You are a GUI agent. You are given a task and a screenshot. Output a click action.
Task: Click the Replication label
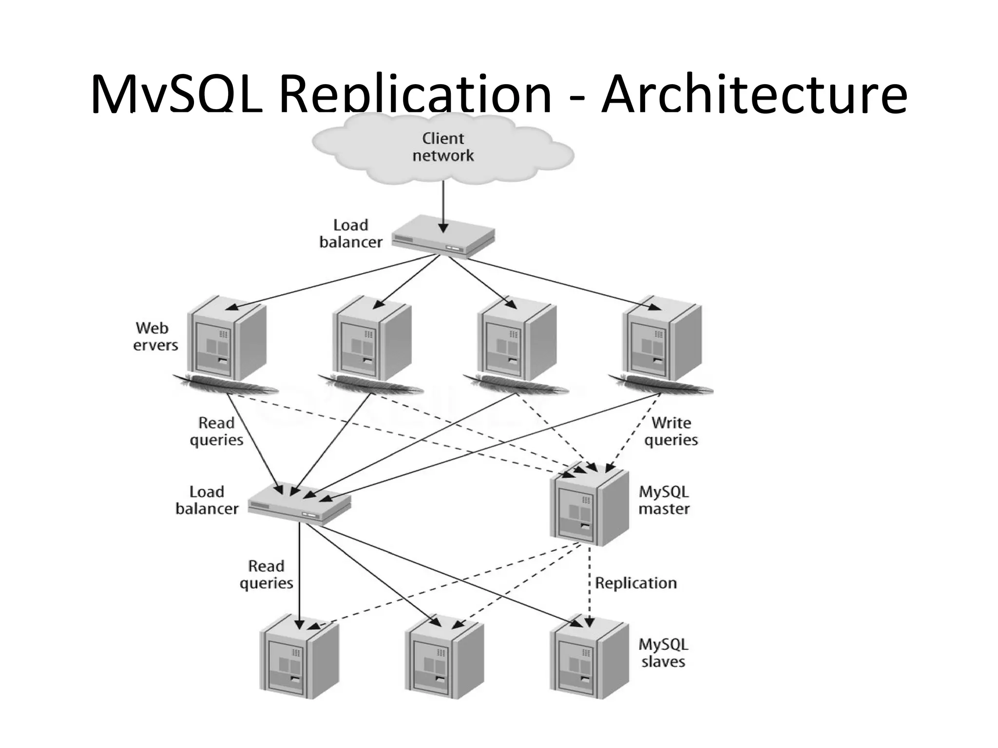[635, 583]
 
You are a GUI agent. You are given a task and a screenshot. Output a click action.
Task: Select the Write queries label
[671, 431]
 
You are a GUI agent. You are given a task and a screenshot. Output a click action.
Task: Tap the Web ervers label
[155, 337]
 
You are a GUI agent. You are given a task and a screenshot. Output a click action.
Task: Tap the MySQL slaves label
[663, 653]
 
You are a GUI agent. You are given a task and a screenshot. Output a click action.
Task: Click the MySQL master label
[664, 500]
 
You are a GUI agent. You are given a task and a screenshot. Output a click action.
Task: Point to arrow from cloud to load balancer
[442, 205]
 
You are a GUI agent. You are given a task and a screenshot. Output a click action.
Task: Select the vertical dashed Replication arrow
[589, 584]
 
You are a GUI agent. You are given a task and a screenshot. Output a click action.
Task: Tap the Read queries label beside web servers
[216, 431]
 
